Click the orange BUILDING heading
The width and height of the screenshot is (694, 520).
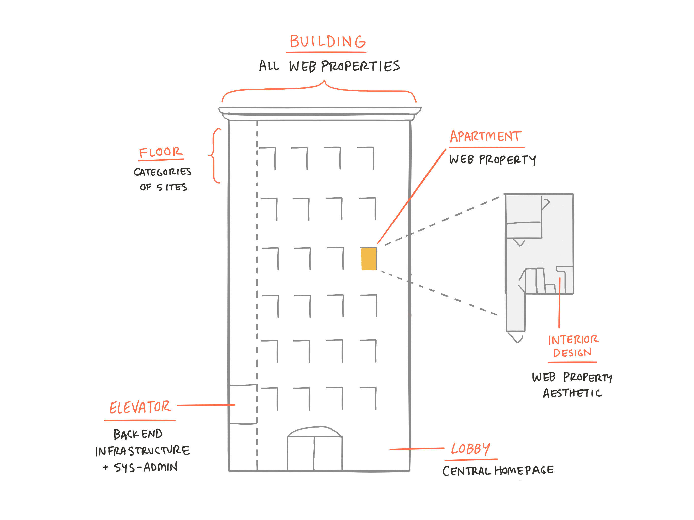(327, 42)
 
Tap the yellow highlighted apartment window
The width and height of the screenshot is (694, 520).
(369, 259)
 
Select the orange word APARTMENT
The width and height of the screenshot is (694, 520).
(486, 136)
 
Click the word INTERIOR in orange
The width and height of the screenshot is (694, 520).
(573, 340)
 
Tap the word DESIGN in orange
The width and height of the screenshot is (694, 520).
(572, 353)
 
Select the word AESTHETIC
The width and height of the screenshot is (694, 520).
(573, 393)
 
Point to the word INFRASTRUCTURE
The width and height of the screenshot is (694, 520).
(143, 451)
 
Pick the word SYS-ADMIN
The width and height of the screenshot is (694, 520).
(146, 467)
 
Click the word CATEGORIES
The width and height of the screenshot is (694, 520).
(162, 172)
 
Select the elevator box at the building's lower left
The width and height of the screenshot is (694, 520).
(243, 404)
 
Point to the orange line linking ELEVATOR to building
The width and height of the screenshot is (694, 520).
(206, 405)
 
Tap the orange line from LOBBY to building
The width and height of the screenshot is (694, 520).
(417, 449)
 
